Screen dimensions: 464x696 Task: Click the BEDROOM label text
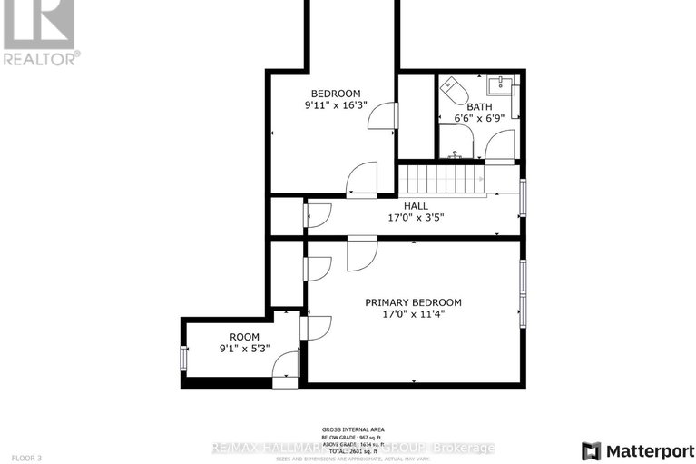tap(336, 94)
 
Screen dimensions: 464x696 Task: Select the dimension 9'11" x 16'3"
tap(336, 106)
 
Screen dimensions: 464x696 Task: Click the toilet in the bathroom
tap(453, 94)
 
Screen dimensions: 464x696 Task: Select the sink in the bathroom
tap(498, 87)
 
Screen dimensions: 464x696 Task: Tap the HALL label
tap(416, 206)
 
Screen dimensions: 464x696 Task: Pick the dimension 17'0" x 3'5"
tap(416, 218)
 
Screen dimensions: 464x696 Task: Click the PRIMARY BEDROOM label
tap(413, 303)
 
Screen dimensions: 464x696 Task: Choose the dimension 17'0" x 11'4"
tap(413, 316)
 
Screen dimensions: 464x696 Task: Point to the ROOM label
tap(245, 337)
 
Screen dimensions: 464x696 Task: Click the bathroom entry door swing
tap(500, 145)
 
